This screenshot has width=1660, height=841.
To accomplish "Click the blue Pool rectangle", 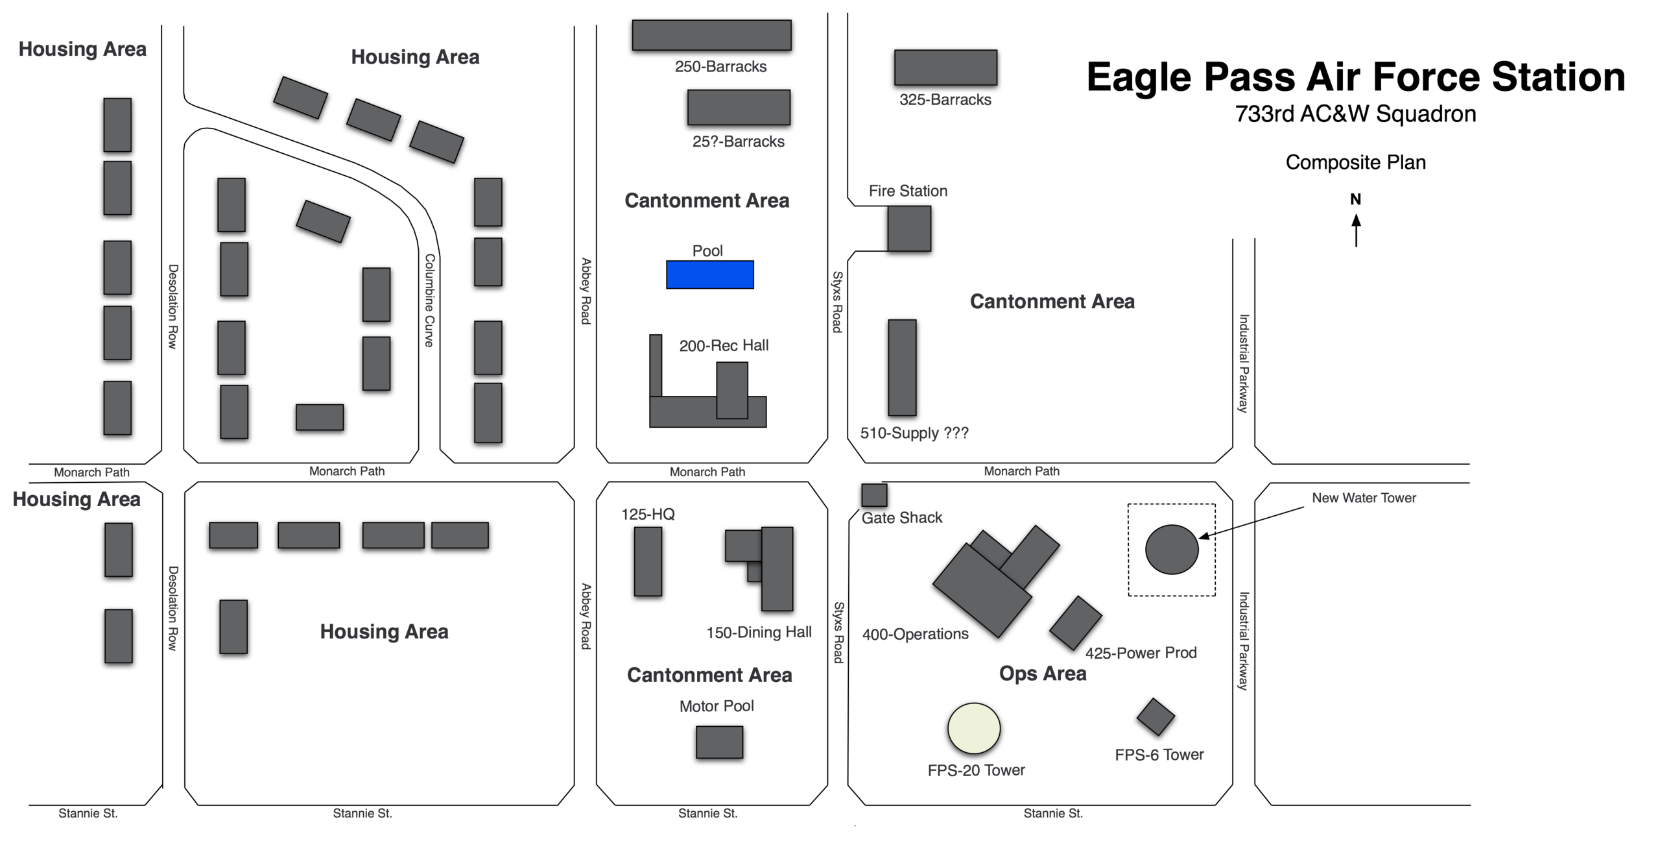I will point(710,274).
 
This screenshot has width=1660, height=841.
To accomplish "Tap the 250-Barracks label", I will point(720,66).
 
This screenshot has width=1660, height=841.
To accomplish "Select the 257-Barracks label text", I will point(738,141).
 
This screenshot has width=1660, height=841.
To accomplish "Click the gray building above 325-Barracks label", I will point(945,67).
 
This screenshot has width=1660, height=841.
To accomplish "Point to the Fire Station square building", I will point(909,228).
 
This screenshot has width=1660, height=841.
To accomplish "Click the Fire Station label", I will point(908,191).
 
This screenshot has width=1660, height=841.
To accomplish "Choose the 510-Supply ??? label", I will point(914,433).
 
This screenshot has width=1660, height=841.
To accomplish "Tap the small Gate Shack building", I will point(874,495).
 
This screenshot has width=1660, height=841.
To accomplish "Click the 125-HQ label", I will point(648,514).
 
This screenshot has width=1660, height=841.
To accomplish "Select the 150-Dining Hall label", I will point(759,632).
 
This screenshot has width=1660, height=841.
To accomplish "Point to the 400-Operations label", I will point(915,634).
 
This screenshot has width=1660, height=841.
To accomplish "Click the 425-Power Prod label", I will point(1141,652).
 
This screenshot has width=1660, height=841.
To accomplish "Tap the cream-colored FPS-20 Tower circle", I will point(974,728).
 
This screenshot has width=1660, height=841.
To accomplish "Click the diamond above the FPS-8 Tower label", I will point(1156,717).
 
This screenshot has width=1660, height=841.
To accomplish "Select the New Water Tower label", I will point(1364,498).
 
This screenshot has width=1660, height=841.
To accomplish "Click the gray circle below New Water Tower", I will point(1172,550).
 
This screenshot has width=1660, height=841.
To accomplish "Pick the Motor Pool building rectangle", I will point(719,742).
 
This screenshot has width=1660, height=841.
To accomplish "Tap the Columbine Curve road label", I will point(429,300).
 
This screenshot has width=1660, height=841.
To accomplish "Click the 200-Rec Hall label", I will point(724,345).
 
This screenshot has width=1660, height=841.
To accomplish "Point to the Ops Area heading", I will point(1043,674).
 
